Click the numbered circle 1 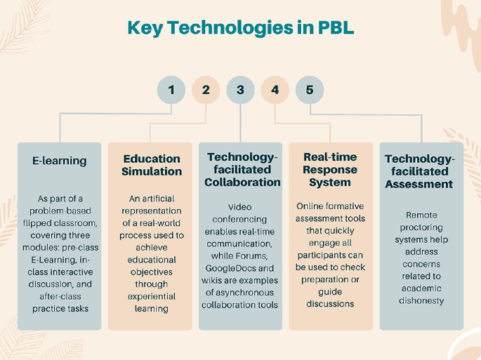[171, 90]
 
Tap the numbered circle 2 [206, 90]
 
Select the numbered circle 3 [240, 90]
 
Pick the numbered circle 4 [275, 90]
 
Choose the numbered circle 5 [310, 90]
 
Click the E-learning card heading [60, 161]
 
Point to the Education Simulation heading [152, 165]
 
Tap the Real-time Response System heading [330, 169]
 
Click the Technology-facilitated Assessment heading [419, 171]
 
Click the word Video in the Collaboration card [241, 207]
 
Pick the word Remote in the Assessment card [421, 216]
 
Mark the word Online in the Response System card [310, 206]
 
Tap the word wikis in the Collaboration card [216, 280]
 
